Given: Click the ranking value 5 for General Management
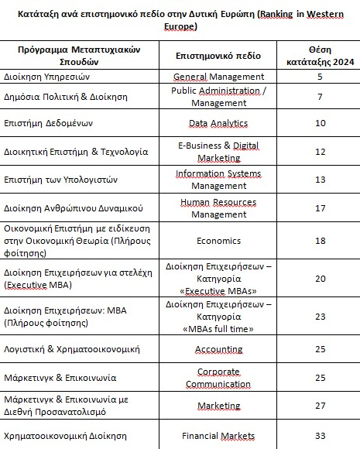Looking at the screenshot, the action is [320, 77].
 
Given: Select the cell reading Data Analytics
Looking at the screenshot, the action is [218, 123].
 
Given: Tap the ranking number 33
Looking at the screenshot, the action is [320, 436].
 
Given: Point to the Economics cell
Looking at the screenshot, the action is [218, 240].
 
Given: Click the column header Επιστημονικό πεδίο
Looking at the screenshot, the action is [219, 56].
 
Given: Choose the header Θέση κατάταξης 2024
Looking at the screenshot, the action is [320, 56].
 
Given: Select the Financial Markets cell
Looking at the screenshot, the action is [218, 436].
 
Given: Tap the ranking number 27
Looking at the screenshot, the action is [320, 404].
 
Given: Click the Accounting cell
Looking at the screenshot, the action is [218, 349].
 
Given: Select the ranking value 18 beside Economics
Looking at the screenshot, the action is [320, 240].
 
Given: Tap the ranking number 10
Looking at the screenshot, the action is [320, 123].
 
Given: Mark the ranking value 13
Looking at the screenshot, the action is [320, 179].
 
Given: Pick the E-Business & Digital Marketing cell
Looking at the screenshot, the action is [218, 151].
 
